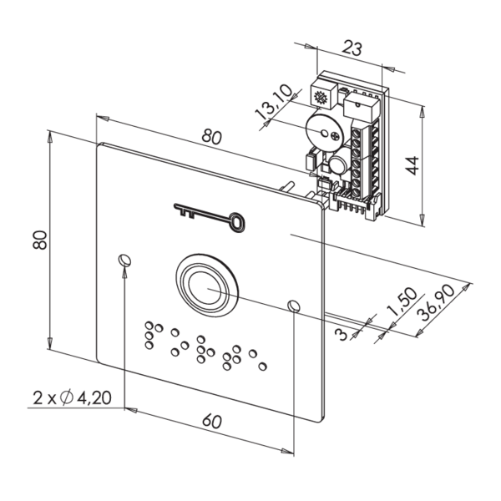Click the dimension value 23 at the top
click(x=352, y=49)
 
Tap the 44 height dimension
click(x=412, y=162)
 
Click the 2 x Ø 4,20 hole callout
click(x=73, y=398)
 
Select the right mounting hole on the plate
click(x=293, y=306)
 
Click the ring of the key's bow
click(x=238, y=221)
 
